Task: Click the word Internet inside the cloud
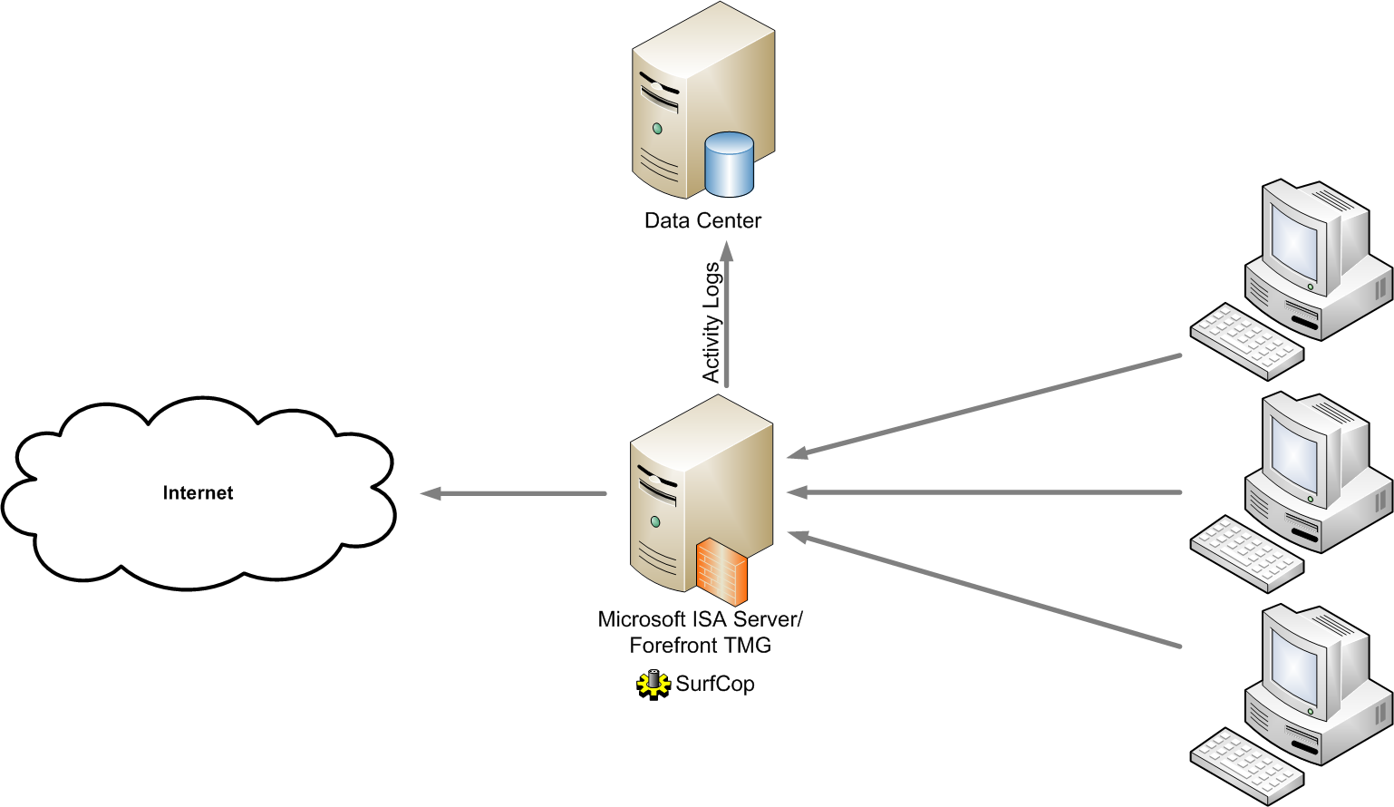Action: [x=198, y=493]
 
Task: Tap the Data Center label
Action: [x=702, y=220]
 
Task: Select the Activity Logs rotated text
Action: [x=712, y=322]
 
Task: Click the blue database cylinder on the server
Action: [x=729, y=165]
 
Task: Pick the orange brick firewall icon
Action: [x=721, y=571]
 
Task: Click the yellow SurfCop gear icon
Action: [x=653, y=685]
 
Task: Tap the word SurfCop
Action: [x=715, y=684]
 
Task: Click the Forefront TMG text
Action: [x=700, y=646]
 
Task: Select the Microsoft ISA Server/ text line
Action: [x=700, y=619]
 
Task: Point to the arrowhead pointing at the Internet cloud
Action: [x=431, y=493]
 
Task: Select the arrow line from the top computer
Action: [x=988, y=404]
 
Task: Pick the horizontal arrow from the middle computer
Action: [x=988, y=492]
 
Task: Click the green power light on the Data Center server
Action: [x=657, y=129]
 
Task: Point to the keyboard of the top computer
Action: [x=1246, y=340]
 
